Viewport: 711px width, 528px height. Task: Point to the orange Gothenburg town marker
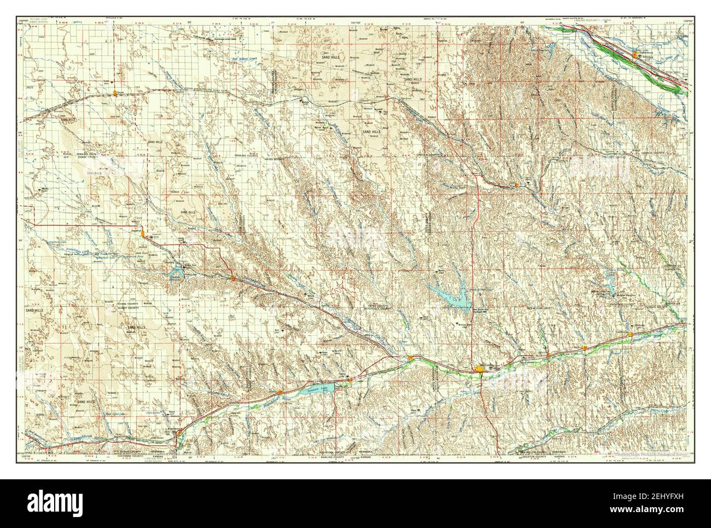click(634, 55)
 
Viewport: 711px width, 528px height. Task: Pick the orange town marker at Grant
click(114, 93)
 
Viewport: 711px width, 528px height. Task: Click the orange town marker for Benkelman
click(174, 433)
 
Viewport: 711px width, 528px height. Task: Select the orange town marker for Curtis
click(516, 187)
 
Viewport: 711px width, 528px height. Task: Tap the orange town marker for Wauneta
click(233, 279)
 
